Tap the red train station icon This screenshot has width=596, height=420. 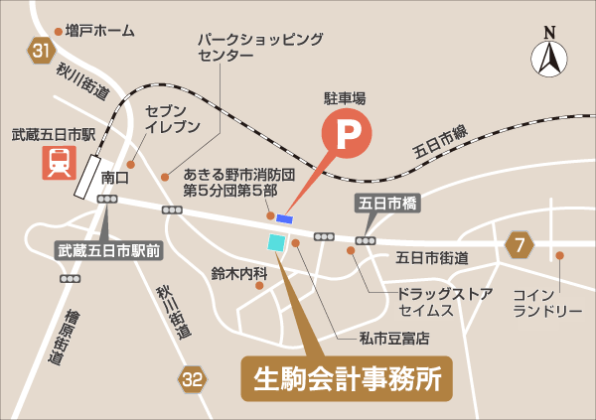56,161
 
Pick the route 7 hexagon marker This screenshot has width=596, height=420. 519,243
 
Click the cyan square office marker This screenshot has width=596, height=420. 275,242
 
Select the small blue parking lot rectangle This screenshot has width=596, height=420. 285,218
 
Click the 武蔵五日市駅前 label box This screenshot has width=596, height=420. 109,251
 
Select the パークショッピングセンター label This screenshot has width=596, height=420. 260,47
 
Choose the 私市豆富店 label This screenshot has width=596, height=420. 394,338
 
